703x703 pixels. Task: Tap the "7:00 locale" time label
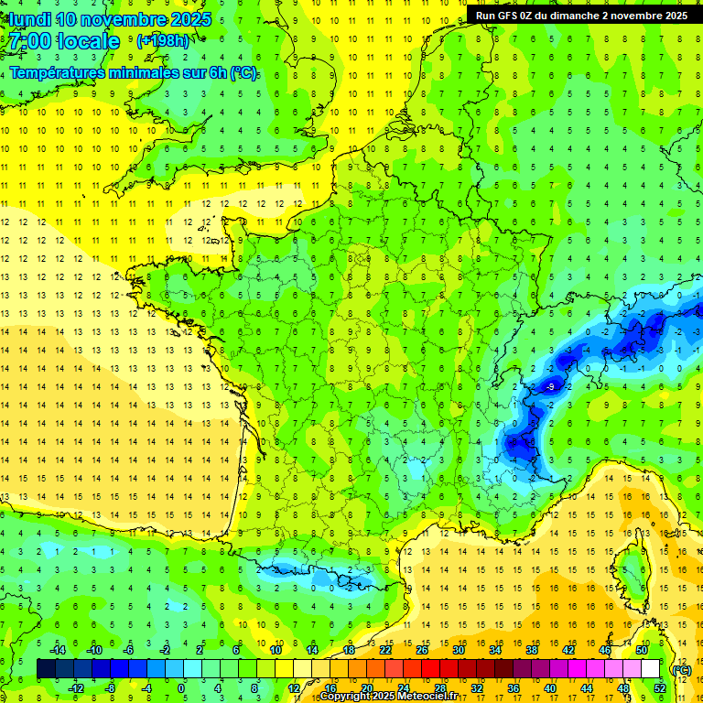tap(63, 41)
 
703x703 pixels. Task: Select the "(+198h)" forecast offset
tap(163, 40)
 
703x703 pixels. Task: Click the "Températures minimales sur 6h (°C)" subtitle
tap(134, 72)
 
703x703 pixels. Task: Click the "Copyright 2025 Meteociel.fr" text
tap(389, 697)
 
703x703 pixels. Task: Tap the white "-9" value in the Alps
tap(549, 387)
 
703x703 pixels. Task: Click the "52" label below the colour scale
tap(660, 688)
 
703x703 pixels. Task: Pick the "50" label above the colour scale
tap(642, 650)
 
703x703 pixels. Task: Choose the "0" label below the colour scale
tap(181, 688)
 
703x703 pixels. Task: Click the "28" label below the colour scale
tap(440, 688)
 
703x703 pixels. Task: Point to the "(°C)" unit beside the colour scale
tap(682, 669)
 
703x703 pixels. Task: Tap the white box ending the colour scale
tap(651, 669)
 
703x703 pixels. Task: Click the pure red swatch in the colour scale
tap(430, 669)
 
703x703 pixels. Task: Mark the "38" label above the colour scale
tap(532, 650)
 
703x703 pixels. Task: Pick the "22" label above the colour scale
tap(385, 650)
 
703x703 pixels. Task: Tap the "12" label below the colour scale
tap(293, 688)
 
